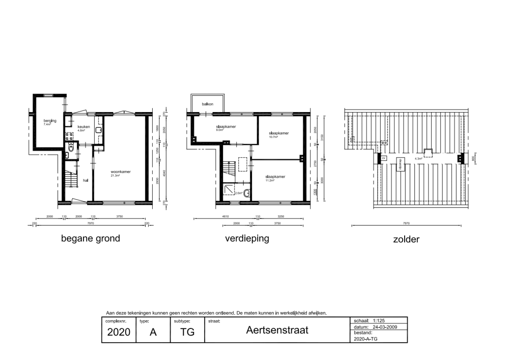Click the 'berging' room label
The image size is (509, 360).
point(50,121)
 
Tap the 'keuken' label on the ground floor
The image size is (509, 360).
point(83,126)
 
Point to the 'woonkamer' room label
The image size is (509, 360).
point(121,172)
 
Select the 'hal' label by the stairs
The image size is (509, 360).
point(86,180)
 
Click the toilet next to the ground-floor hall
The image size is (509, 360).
point(70,149)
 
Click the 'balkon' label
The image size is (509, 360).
point(207,104)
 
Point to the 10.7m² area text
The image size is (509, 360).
point(278,137)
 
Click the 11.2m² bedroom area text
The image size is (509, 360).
point(269,180)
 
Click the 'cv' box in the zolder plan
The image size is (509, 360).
point(384,158)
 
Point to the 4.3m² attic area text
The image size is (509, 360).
point(419,159)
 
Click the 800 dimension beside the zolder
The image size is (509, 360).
point(473,158)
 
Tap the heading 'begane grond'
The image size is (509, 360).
point(91,238)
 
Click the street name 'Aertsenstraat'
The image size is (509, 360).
point(277,330)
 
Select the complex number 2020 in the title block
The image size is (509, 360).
point(119,333)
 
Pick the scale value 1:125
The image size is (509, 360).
point(381,321)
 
